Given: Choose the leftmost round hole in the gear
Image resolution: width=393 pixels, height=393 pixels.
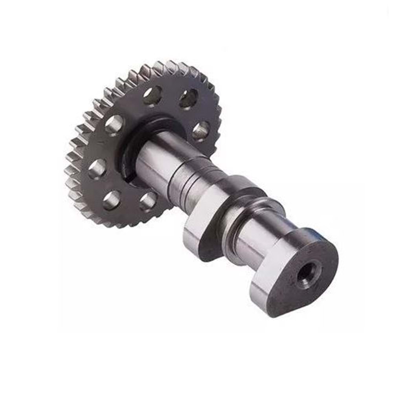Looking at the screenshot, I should (x=97, y=169).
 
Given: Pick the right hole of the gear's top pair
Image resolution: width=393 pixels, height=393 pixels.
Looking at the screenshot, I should (x=188, y=98).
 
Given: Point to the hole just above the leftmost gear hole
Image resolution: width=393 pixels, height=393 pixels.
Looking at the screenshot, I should (x=114, y=125).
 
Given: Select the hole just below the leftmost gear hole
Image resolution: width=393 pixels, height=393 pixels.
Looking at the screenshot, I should (x=112, y=200).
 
